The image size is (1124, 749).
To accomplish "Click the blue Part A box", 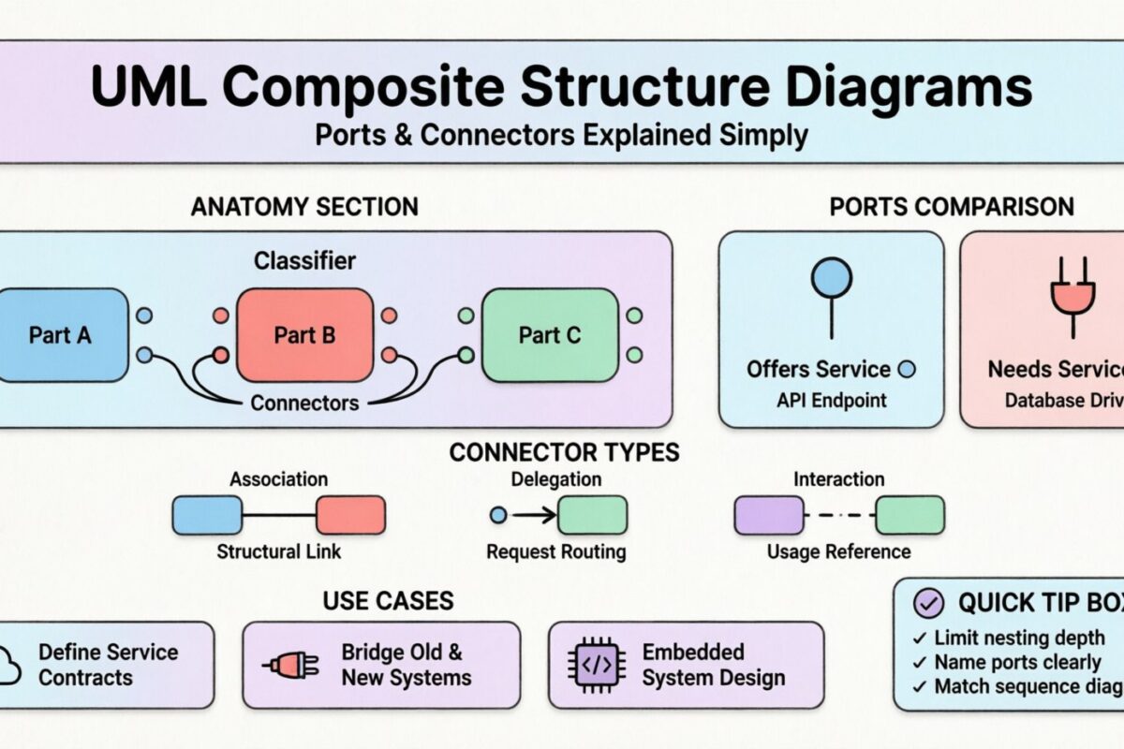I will pyautogui.click(x=60, y=334).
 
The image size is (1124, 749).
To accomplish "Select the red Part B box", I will pyautogui.click(x=303, y=334).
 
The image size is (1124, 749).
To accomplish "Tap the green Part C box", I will pyautogui.click(x=549, y=334).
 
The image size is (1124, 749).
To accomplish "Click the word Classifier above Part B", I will pyautogui.click(x=304, y=260).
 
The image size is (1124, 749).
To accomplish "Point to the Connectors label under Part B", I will pyautogui.click(x=304, y=404).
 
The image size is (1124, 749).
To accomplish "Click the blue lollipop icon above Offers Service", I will pyautogui.click(x=831, y=279).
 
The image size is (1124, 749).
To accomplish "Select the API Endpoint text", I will pyautogui.click(x=831, y=401).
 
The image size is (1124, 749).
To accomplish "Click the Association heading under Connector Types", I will pyautogui.click(x=278, y=479).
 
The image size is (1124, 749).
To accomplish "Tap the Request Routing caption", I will pyautogui.click(x=555, y=551).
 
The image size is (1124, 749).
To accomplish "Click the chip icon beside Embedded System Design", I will pyautogui.click(x=598, y=665).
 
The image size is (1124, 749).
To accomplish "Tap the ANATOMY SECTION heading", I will pyautogui.click(x=304, y=207).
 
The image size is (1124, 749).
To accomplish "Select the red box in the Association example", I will pyautogui.click(x=350, y=515).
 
